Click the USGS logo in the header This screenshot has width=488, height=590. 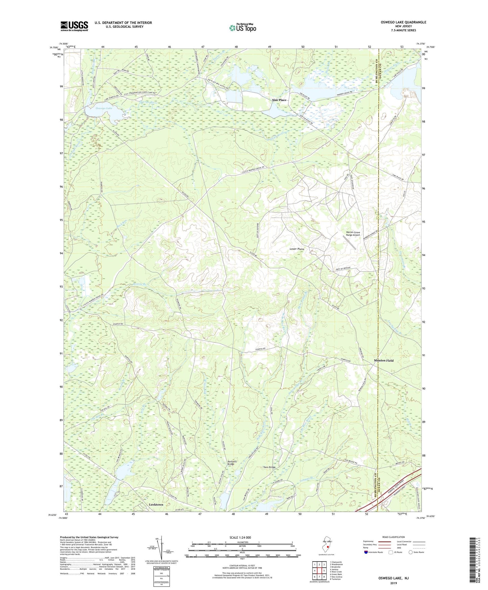coord(74,26)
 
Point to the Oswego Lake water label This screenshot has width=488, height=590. coord(104,108)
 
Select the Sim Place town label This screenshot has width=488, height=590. coord(279,100)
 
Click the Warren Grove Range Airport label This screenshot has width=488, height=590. coord(353,233)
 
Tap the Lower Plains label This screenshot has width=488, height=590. coord(297,249)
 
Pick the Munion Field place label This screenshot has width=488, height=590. coord(384,361)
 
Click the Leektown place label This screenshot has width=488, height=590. coord(156,505)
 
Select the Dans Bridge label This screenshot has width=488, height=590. coord(269,467)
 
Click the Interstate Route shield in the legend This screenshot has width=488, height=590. coord(366,552)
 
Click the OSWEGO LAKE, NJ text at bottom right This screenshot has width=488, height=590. coord(393,578)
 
